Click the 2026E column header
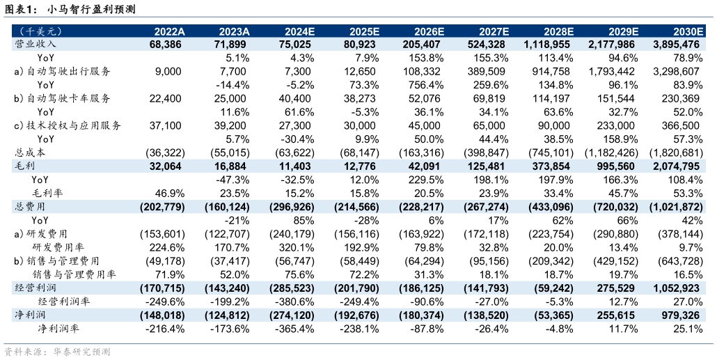[428, 31]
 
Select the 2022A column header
[169, 31]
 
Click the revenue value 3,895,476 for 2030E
[674, 44]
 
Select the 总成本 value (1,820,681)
[674, 152]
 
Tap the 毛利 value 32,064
[165, 166]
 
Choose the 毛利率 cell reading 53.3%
[688, 193]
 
